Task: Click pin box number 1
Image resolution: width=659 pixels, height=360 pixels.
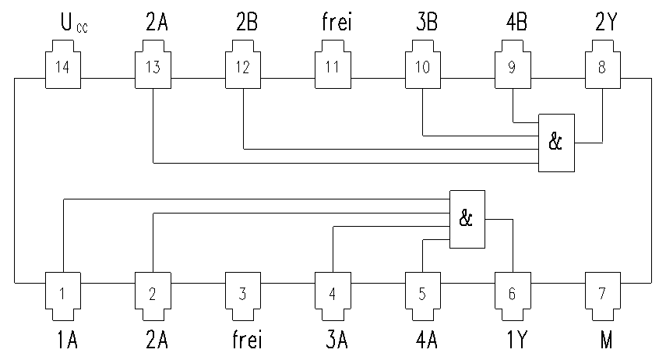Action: (x=63, y=297)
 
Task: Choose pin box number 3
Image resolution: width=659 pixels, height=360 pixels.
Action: (x=243, y=297)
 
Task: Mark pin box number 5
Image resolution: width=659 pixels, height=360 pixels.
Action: (x=423, y=297)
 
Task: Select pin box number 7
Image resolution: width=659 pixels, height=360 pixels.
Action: (x=603, y=297)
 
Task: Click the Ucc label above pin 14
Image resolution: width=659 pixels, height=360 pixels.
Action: (x=74, y=23)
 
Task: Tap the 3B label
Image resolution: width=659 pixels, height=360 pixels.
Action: (x=427, y=23)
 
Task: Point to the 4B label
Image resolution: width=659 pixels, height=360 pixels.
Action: (x=516, y=23)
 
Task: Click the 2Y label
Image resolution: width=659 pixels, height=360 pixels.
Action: (x=606, y=23)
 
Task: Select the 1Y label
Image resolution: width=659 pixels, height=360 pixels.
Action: (x=516, y=340)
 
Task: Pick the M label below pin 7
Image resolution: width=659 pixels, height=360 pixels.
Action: (x=606, y=340)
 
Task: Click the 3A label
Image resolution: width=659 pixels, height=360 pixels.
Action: (x=337, y=340)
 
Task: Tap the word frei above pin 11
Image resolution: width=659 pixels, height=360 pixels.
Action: (x=337, y=22)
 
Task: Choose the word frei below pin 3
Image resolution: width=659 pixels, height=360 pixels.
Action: (x=247, y=339)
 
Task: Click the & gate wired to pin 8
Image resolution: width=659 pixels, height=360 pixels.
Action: (x=556, y=143)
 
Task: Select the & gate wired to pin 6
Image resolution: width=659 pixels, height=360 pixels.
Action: (x=467, y=219)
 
